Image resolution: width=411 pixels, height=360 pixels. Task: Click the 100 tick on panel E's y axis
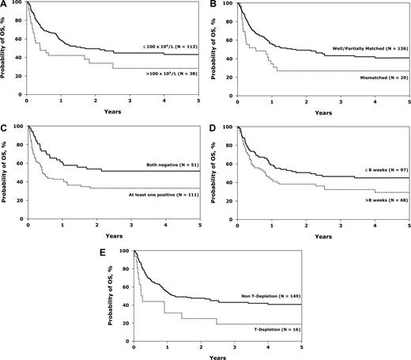coord(125,251)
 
